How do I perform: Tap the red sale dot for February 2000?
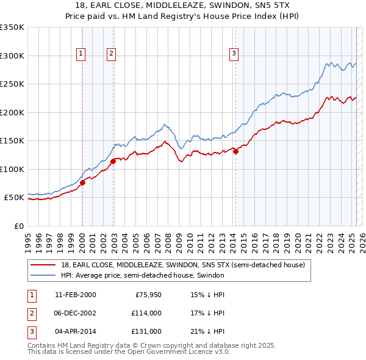click(82, 183)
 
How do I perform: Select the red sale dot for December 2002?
click(113, 162)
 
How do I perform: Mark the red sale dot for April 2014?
click(235, 152)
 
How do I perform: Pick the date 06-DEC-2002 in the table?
click(76, 313)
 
